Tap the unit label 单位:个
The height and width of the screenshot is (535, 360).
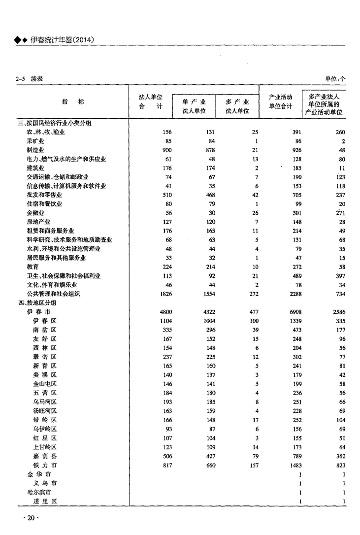point(335,79)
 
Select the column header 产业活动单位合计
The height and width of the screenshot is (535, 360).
point(281,101)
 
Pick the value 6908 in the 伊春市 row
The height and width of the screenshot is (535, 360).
point(294,312)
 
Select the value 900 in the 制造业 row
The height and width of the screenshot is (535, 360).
point(166,150)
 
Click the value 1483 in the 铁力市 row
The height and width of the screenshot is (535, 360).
point(294,465)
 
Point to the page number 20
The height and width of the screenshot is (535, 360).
point(31,518)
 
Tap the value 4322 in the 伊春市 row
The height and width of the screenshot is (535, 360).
point(207,312)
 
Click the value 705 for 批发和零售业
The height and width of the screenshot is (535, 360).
point(296,195)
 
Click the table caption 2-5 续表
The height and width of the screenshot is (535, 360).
point(29,79)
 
